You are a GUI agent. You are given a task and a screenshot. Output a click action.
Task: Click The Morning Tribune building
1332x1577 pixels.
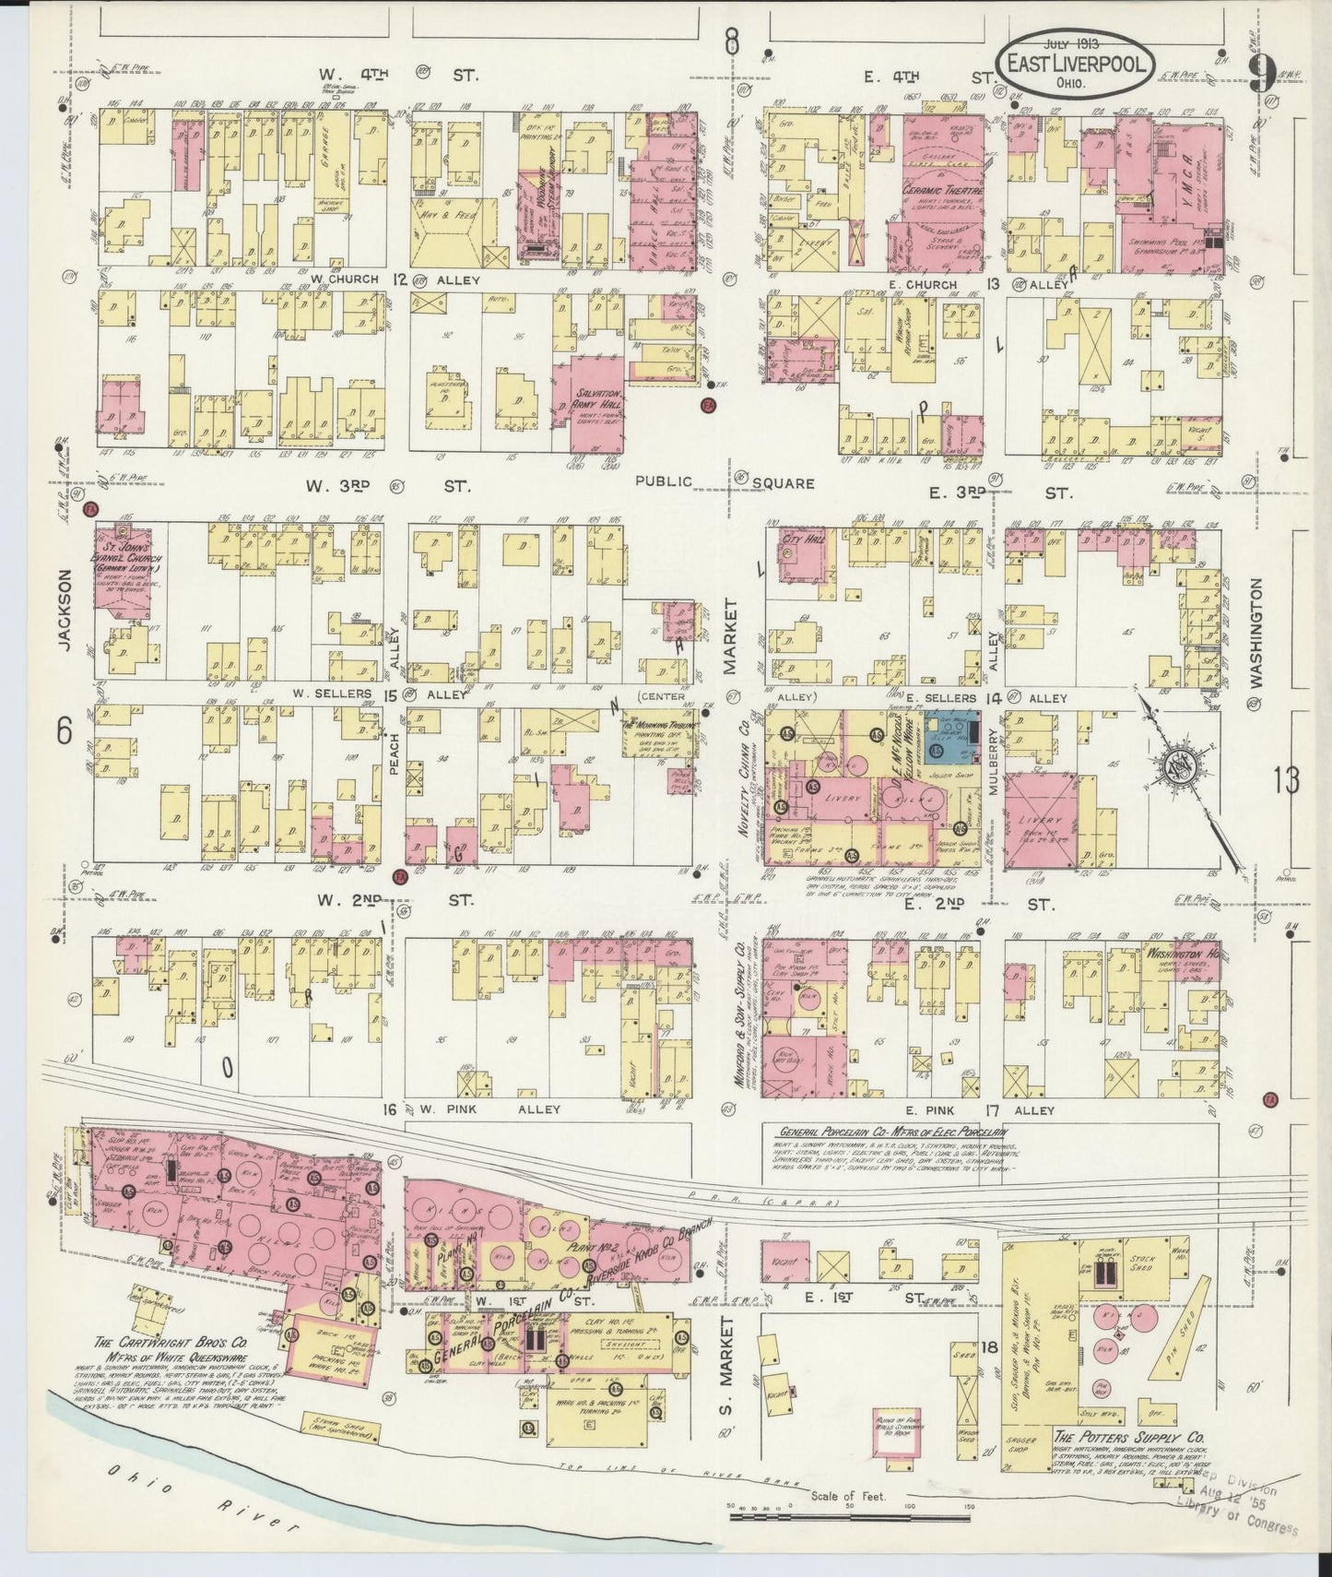(x=659, y=735)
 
